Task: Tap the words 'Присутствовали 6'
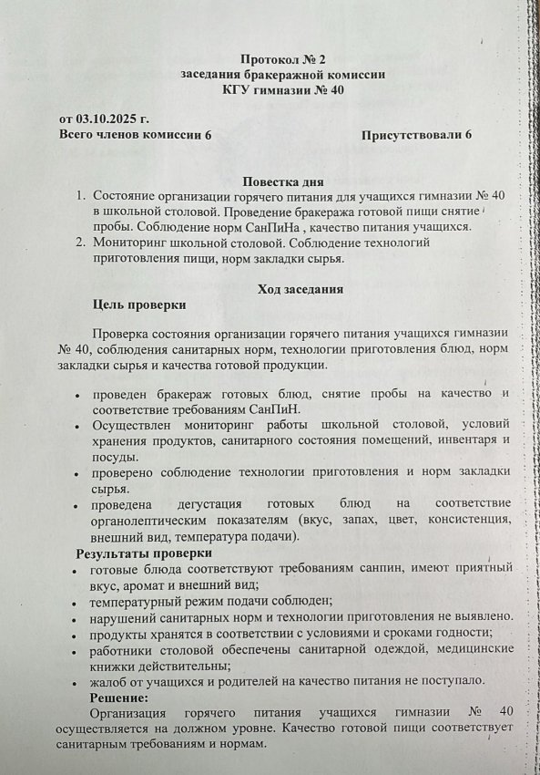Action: point(416,135)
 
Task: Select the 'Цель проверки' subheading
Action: point(139,305)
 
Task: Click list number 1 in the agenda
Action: point(81,197)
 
